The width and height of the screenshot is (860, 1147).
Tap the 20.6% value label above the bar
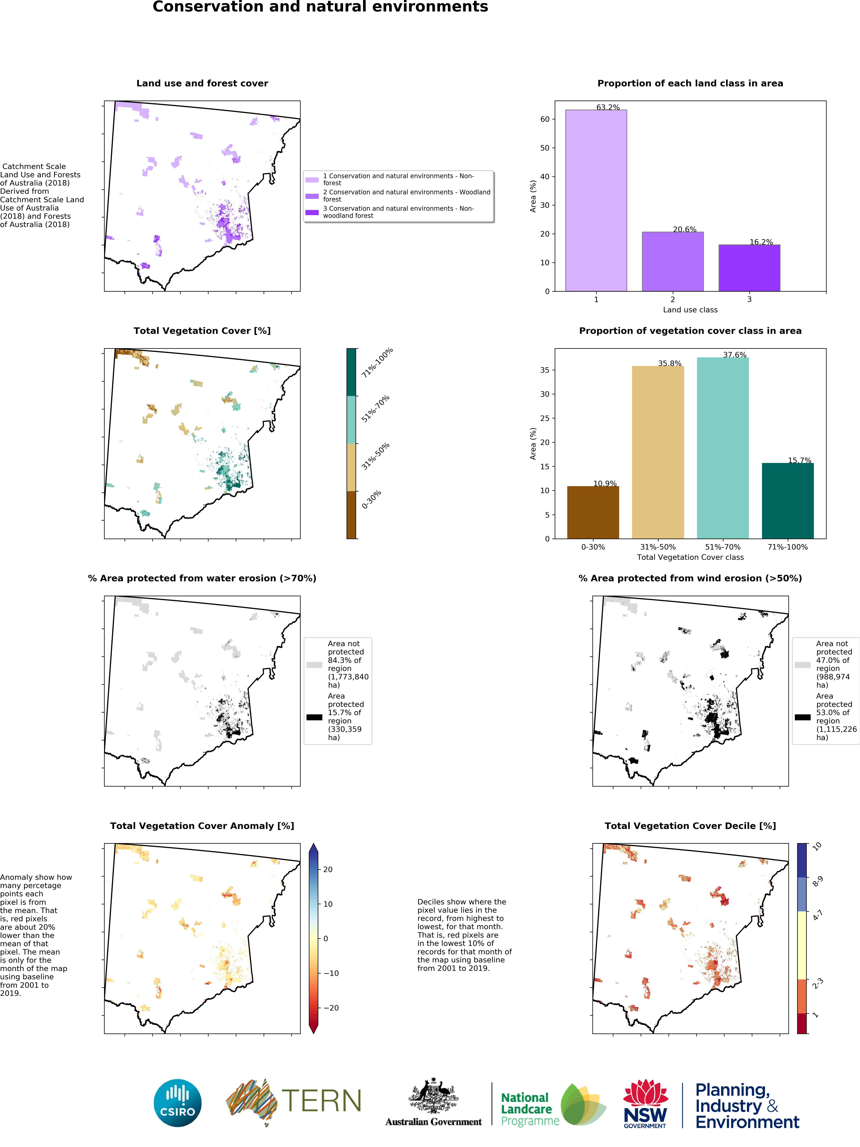click(x=684, y=229)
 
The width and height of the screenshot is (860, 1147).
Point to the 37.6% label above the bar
click(x=735, y=355)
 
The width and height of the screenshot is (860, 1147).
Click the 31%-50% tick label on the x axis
click(x=658, y=547)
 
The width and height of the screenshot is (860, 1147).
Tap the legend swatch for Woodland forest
click(x=312, y=196)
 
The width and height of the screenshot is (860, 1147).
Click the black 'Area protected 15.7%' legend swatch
click(x=314, y=717)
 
